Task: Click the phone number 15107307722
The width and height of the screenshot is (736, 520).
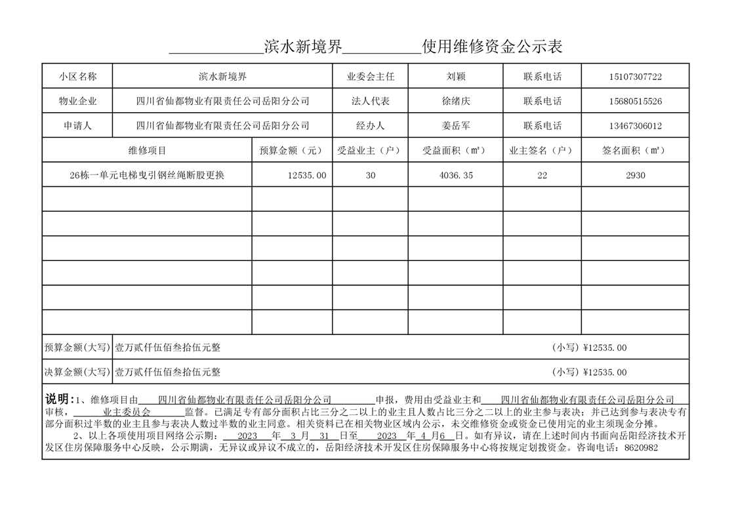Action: (635, 77)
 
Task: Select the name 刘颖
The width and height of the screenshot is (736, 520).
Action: (456, 77)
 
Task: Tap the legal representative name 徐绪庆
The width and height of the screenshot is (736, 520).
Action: (456, 102)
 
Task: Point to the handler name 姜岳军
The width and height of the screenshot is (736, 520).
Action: (456, 126)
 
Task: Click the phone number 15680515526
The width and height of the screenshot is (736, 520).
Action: (635, 102)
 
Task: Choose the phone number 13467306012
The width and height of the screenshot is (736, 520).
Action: (635, 126)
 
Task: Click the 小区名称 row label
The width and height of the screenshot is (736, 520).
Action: (77, 77)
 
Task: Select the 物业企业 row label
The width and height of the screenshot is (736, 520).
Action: (77, 102)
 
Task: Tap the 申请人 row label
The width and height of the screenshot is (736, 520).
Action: (77, 126)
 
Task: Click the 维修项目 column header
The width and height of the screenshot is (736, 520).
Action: (148, 151)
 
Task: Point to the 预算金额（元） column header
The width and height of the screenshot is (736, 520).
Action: (292, 151)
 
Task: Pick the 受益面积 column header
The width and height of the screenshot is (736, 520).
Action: (455, 151)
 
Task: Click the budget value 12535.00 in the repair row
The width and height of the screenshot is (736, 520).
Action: (307, 176)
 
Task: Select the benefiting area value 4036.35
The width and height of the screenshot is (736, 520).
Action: (456, 176)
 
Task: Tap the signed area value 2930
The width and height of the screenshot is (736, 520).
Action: (635, 176)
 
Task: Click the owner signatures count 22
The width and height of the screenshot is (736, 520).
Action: (542, 176)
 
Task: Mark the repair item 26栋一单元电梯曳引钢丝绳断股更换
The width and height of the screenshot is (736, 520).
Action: (147, 176)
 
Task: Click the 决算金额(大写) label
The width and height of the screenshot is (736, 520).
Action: (77, 372)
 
